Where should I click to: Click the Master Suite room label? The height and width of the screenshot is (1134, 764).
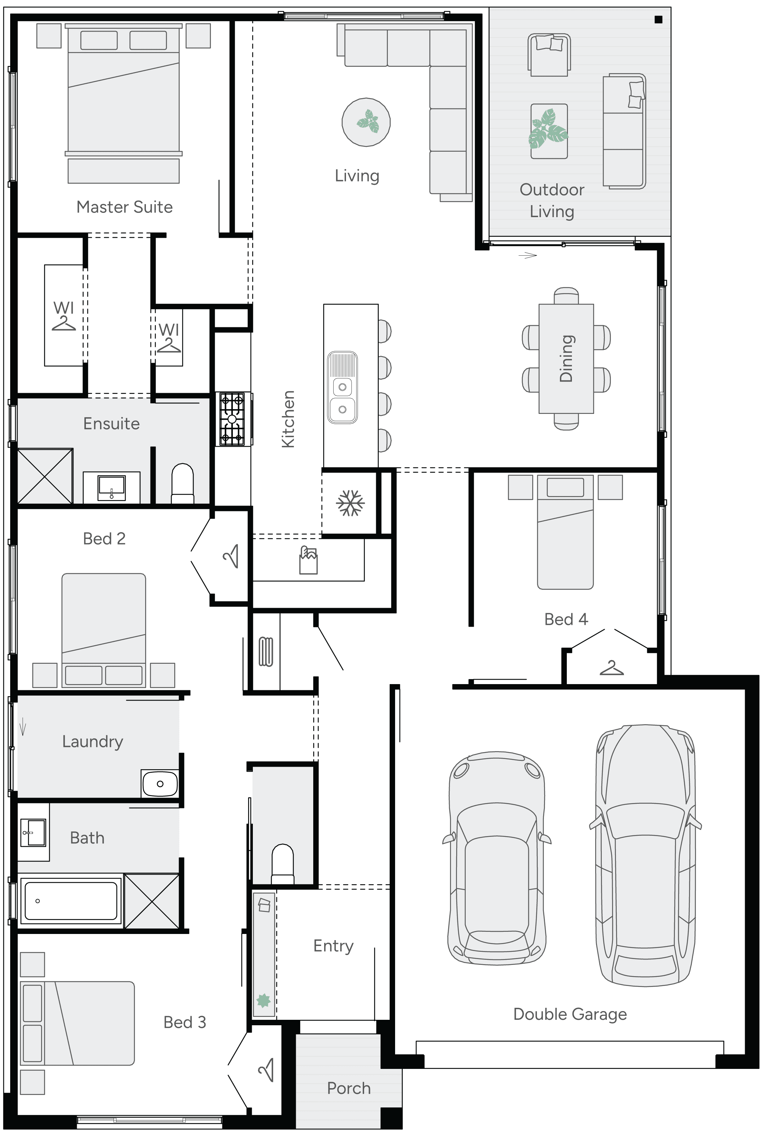124,207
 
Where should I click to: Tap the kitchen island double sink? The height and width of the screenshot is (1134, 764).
343,387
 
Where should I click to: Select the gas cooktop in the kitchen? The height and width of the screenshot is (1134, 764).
232,419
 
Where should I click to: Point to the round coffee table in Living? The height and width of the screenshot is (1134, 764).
366,122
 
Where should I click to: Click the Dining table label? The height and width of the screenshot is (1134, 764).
566,359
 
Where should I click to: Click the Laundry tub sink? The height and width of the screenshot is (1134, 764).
160,783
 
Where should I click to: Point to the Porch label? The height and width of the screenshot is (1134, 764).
349,1088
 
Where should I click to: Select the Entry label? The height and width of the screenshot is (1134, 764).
333,946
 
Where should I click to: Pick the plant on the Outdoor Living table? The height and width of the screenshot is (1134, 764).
549,129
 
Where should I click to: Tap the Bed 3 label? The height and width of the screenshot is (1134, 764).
185,1022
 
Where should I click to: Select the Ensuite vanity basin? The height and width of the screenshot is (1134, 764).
112,487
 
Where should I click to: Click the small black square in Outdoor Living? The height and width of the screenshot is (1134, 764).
658,20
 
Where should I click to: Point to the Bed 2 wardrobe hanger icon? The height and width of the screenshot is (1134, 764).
231,556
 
